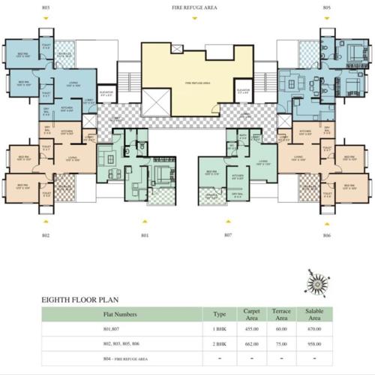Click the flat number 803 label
46,7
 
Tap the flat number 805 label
327,7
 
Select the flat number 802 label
46,235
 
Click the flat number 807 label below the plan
229,235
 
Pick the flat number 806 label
327,235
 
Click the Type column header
220,314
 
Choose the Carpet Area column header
251,314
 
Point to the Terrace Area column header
282,314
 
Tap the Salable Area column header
313,314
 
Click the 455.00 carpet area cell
251,329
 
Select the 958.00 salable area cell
313,344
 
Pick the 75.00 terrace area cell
282,344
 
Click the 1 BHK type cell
220,329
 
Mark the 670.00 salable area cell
313,329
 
